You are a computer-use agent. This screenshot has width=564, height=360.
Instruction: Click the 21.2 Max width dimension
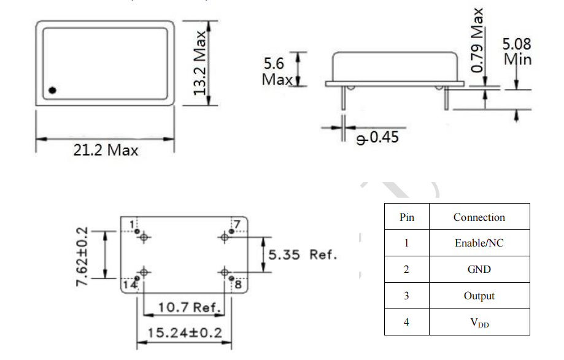[x=106, y=150]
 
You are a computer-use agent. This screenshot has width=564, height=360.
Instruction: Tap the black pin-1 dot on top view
[x=52, y=90]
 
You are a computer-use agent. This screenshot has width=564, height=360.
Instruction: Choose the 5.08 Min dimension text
[x=517, y=52]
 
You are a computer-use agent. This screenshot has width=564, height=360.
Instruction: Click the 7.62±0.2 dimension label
[x=82, y=255]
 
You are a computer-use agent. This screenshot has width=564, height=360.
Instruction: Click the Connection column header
[x=479, y=217]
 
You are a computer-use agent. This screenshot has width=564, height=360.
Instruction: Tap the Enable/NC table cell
[x=479, y=243]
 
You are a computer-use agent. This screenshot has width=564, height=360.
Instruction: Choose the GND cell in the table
[x=479, y=269]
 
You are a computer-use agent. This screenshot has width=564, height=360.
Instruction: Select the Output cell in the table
[x=479, y=296]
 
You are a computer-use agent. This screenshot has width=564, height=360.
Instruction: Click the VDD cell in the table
[x=479, y=323]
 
